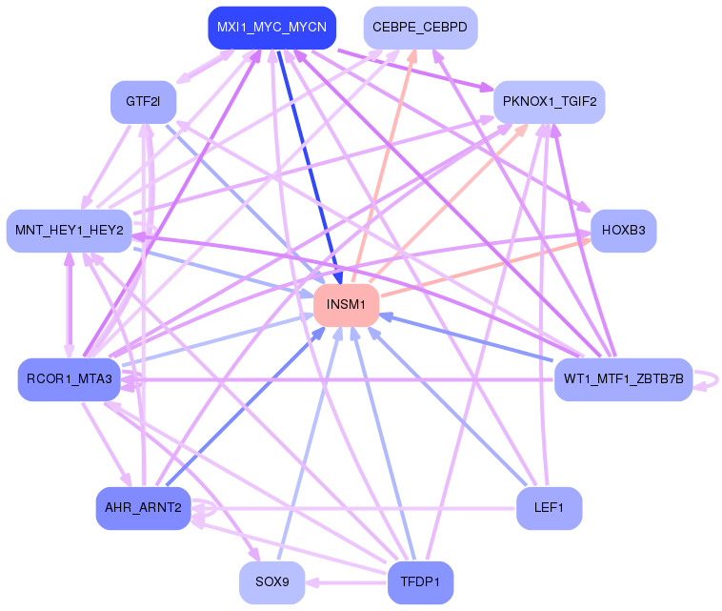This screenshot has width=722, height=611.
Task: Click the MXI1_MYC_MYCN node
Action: point(271,28)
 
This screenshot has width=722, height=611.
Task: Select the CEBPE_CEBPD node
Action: point(420,28)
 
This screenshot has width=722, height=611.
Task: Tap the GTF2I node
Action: point(143,101)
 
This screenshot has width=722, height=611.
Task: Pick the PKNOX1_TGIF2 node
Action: point(549,101)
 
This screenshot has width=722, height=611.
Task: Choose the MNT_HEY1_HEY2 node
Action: point(69,231)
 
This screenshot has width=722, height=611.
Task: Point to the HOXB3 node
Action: point(624,231)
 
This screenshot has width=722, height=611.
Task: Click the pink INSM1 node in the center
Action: point(347,305)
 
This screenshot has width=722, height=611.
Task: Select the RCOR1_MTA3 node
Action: point(69,379)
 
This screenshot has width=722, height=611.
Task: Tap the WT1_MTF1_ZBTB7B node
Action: point(623,379)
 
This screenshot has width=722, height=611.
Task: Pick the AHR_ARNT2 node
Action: point(143,508)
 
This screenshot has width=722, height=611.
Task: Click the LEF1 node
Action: point(549,508)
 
